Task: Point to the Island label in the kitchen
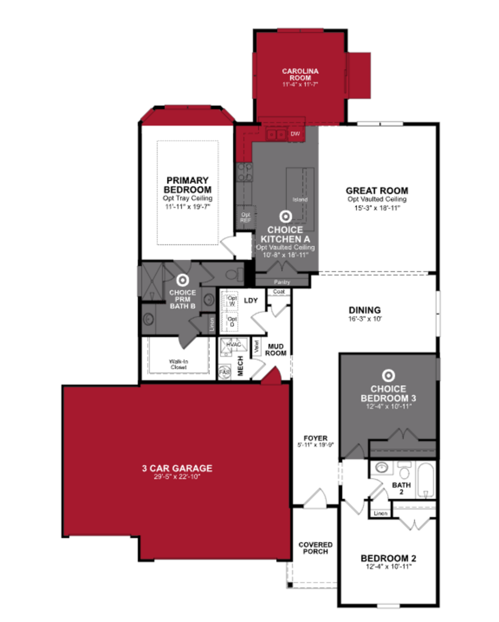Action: (300, 199)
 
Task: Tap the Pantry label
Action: (282, 282)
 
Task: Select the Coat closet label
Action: (279, 292)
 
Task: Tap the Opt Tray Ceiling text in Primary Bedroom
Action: (188, 198)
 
